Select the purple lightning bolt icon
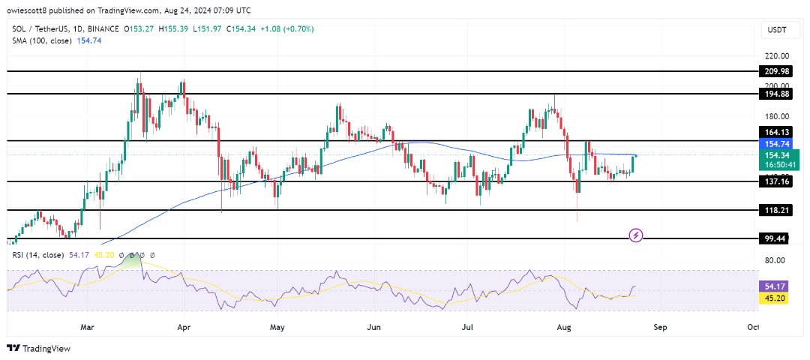click(636, 235)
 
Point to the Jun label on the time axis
click(375, 327)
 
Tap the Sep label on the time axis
click(660, 327)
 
